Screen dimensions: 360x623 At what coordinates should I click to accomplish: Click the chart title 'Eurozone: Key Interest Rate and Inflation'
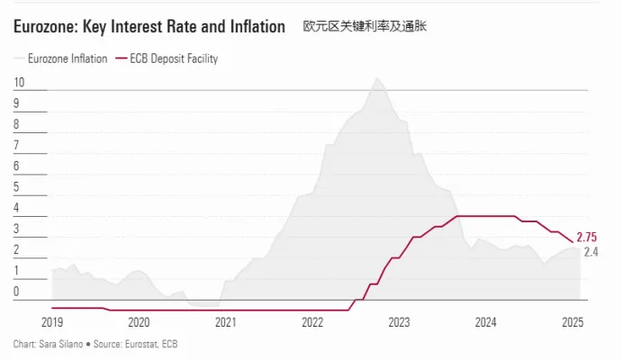(149, 27)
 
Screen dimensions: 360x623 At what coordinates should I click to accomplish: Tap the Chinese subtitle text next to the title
(365, 27)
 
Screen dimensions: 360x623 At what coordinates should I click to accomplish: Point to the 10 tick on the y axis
(19, 83)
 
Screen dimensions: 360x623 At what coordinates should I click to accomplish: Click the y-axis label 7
(16, 146)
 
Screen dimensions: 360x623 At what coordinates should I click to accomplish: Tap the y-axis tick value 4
(16, 208)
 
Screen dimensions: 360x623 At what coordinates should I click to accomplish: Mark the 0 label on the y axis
(16, 292)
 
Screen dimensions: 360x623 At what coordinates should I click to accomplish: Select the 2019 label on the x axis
(52, 322)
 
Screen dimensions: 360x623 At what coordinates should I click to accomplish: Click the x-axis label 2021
(226, 322)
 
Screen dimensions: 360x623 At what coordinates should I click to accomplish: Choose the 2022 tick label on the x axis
(312, 322)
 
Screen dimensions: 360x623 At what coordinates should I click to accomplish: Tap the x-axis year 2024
(486, 322)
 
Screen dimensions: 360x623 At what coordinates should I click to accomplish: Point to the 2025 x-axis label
(573, 322)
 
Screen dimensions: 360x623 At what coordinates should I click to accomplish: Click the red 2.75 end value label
(587, 237)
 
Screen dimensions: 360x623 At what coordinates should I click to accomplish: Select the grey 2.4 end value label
(591, 251)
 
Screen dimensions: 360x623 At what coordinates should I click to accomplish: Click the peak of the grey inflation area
(377, 78)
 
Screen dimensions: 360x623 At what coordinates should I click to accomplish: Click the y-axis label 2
(16, 250)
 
